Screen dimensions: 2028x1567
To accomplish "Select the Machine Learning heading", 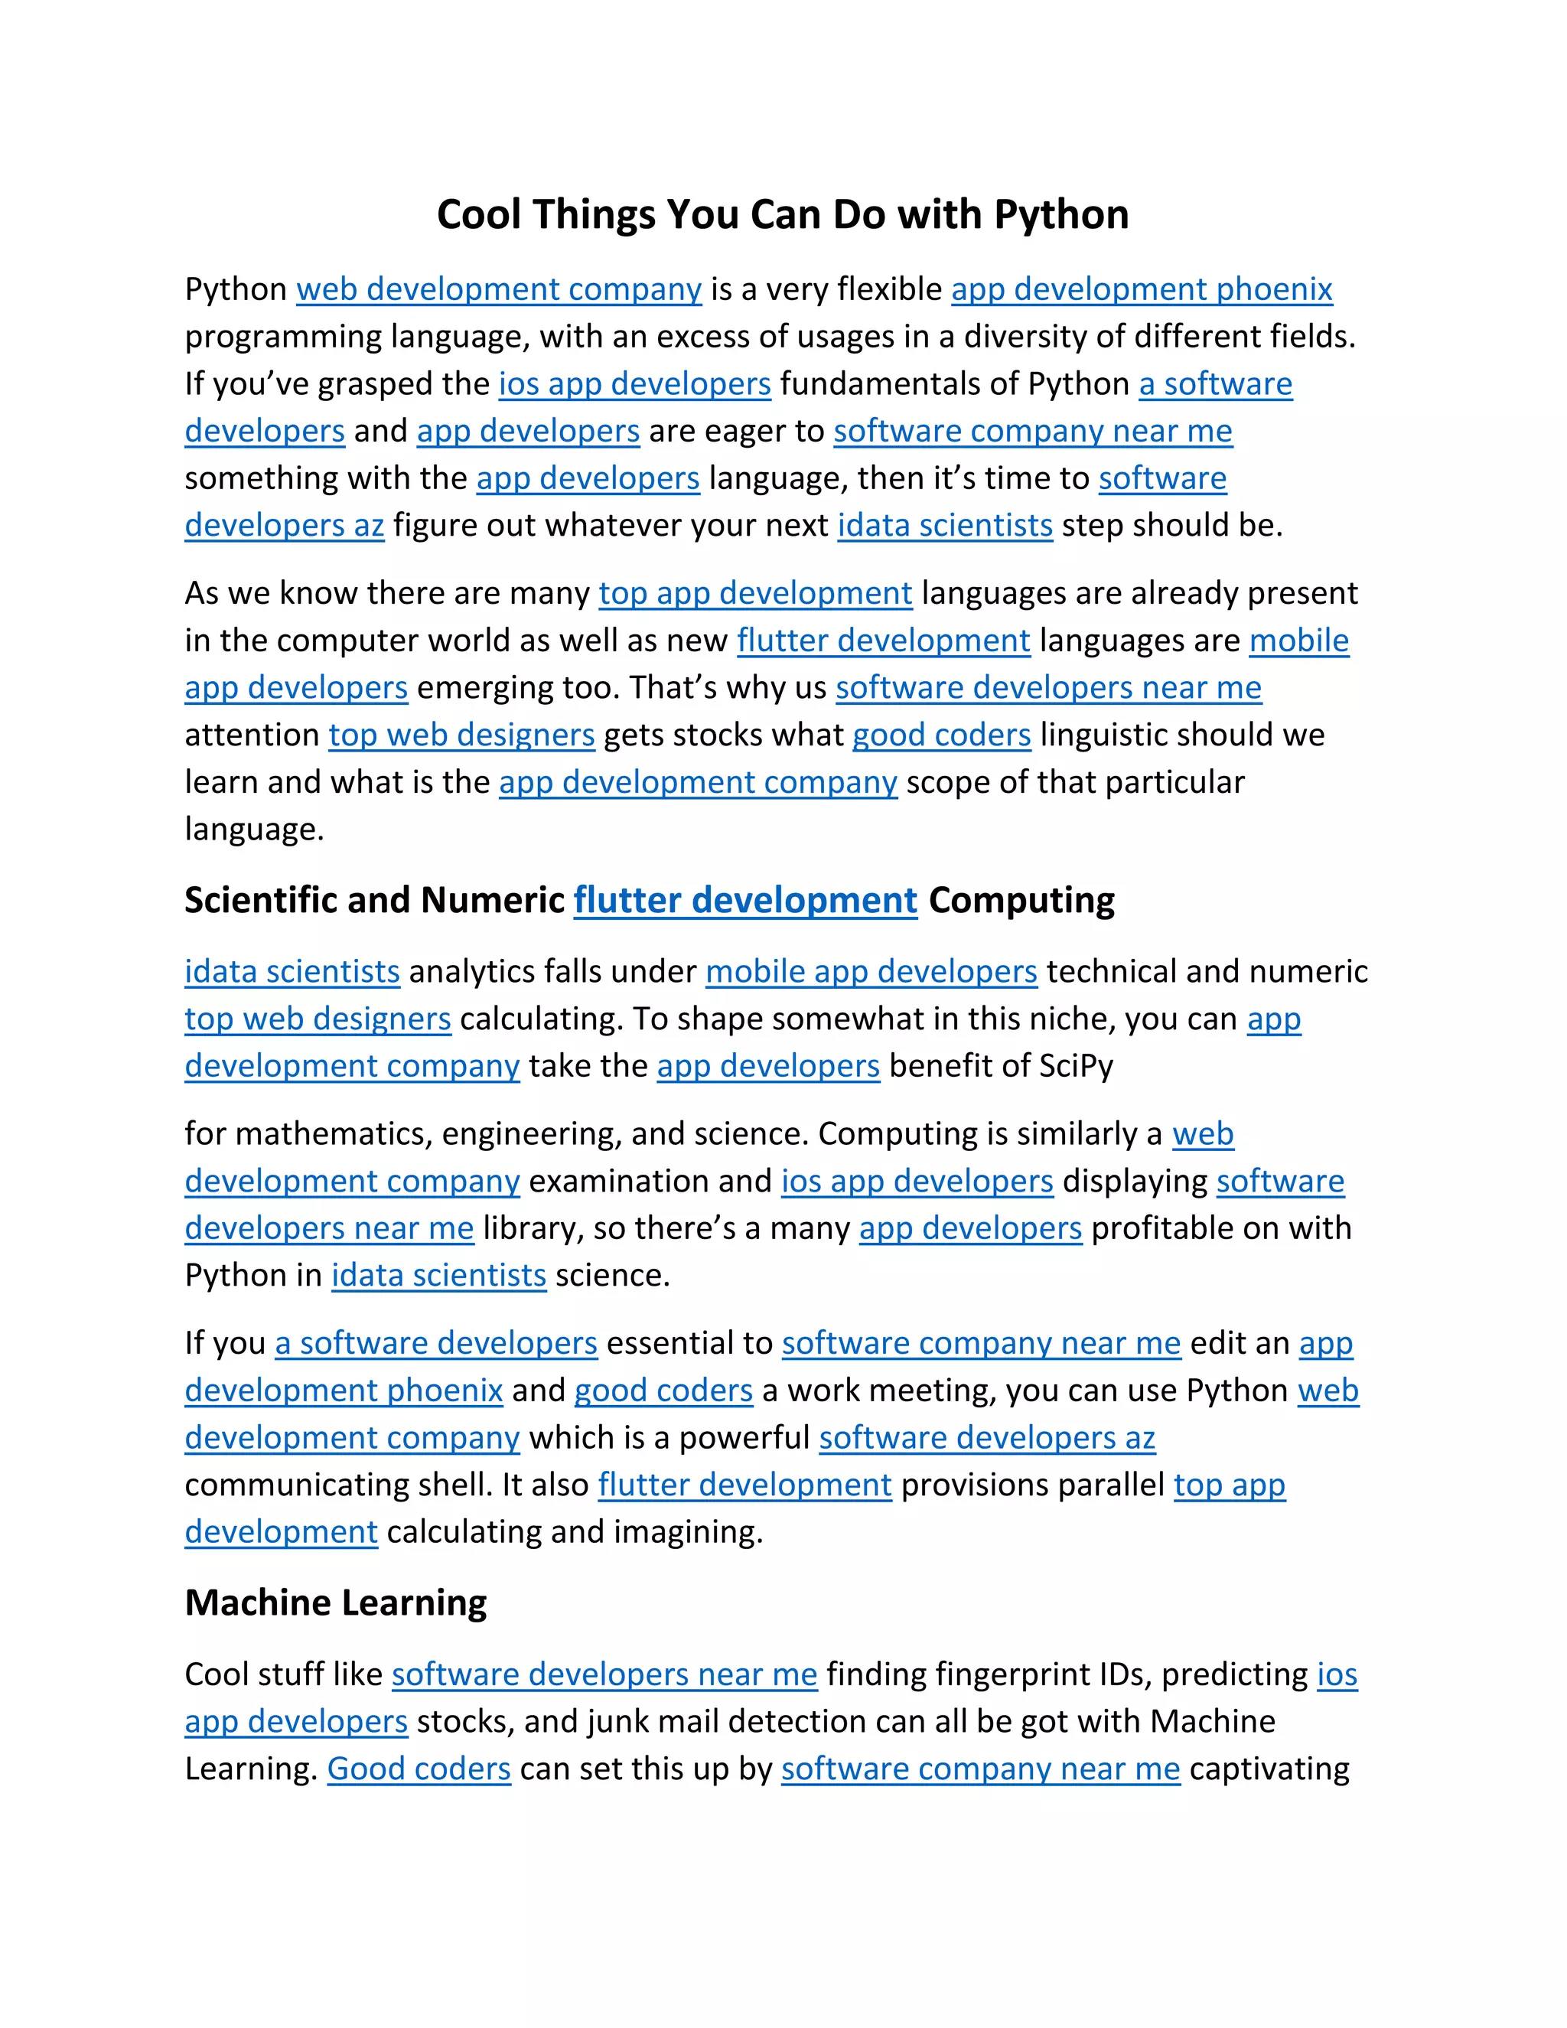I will click(x=335, y=1603).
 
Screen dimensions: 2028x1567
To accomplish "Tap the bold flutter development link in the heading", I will click(x=745, y=901).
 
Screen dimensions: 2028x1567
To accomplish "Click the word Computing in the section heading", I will click(x=1021, y=901).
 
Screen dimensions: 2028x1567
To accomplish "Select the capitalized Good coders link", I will click(x=419, y=1769).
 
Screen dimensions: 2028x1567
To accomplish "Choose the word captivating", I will click(x=1269, y=1769).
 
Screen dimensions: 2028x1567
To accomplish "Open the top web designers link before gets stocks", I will click(x=461, y=735).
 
